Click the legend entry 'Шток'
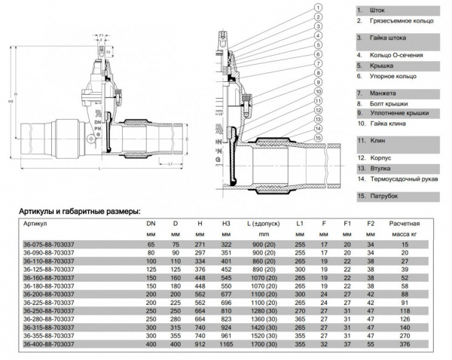377,11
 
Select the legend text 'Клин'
378,141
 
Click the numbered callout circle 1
319,7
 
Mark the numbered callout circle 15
319,137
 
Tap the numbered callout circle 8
319,72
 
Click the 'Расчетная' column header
404,224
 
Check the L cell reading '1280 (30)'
261,310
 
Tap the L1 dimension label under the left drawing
171,163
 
